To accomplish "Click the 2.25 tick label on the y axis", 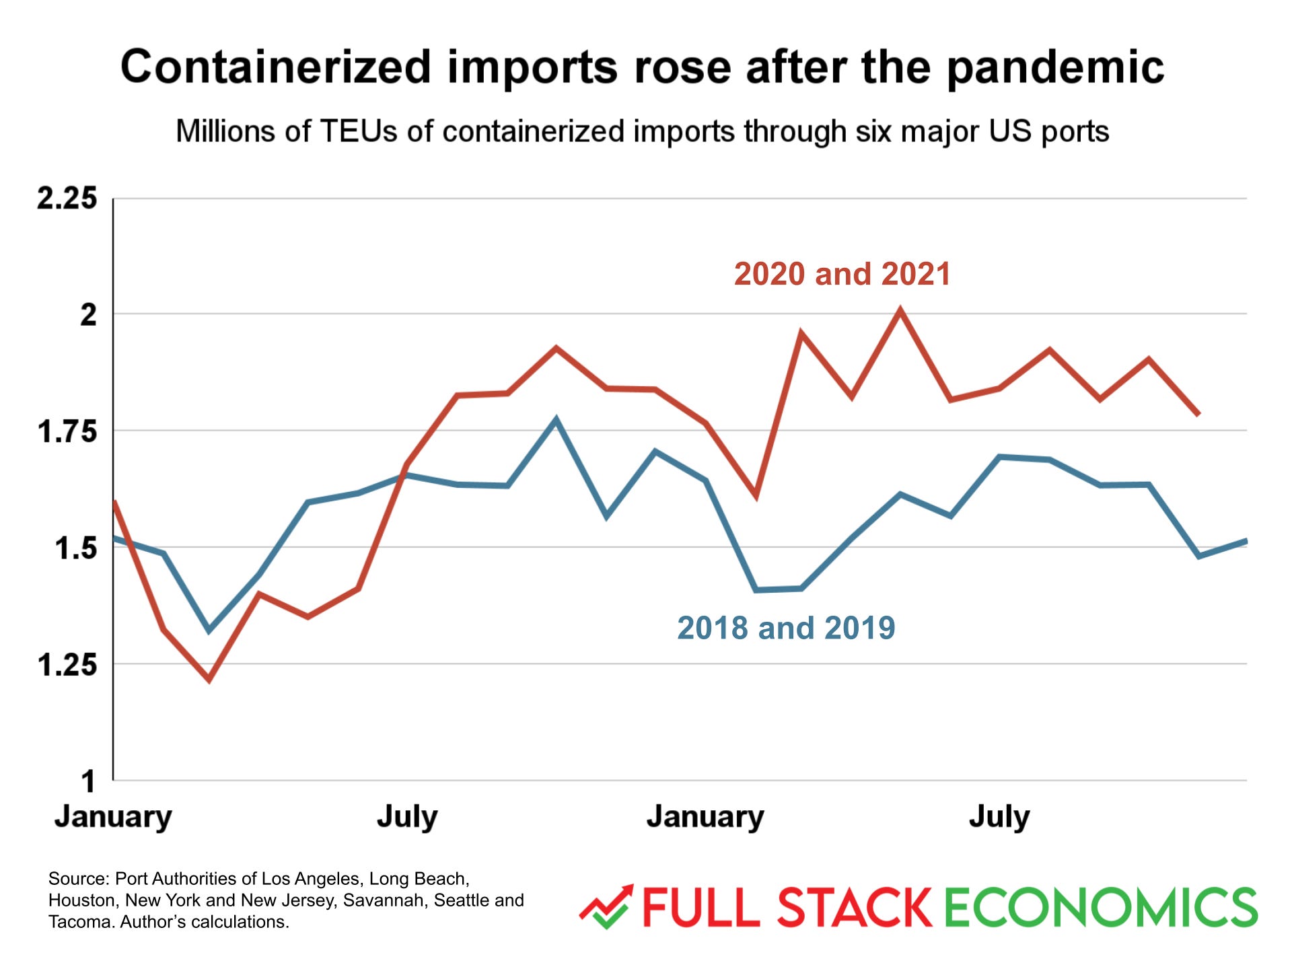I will (x=67, y=199).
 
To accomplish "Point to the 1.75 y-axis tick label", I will (x=67, y=431).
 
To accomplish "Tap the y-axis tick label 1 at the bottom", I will (x=88, y=782).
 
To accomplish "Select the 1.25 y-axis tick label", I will (x=67, y=665).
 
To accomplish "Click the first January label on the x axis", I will (x=113, y=816).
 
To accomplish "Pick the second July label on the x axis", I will (x=999, y=816).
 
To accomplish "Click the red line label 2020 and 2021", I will (x=842, y=274).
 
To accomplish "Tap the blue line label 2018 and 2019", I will (x=786, y=628).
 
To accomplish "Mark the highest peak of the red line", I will (x=900, y=310).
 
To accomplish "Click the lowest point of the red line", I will (x=209, y=680).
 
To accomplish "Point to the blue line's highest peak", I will (x=556, y=420).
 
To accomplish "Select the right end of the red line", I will (x=1198, y=414).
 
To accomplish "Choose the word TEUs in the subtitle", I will (x=359, y=131).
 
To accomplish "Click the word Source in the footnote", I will (x=77, y=879).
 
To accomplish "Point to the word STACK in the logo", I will (x=855, y=908).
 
